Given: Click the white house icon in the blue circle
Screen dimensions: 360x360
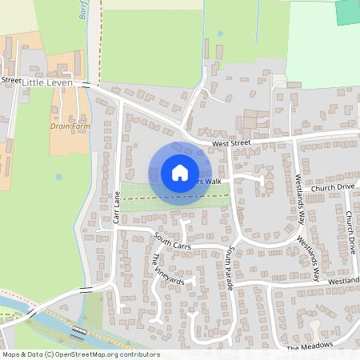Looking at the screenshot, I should point(180,173).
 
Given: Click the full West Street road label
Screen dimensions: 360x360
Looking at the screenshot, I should point(231,144).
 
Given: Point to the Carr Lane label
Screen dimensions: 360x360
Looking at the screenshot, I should point(117,207).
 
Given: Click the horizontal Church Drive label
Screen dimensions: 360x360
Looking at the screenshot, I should point(333,187).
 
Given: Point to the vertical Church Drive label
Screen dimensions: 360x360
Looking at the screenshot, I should point(350,232).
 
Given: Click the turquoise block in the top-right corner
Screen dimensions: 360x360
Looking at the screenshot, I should point(347,11).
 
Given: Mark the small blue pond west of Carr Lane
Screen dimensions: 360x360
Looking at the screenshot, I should point(58,177).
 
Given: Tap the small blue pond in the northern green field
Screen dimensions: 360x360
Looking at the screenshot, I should point(220,34).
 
